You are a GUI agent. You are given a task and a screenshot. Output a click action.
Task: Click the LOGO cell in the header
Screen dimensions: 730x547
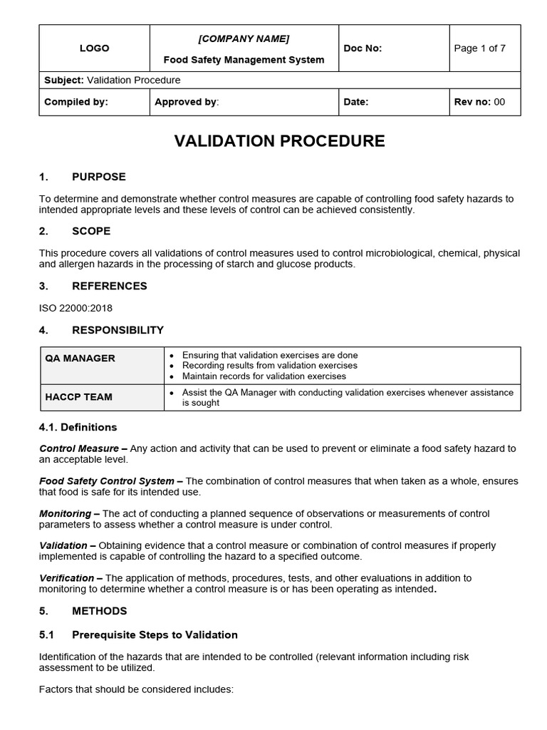[x=94, y=48]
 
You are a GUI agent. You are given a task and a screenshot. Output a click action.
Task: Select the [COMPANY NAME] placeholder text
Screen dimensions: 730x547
[x=244, y=38]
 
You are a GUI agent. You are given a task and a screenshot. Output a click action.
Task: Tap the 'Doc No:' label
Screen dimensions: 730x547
[x=363, y=48]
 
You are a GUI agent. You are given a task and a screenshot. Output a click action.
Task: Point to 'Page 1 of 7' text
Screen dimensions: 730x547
[x=479, y=48]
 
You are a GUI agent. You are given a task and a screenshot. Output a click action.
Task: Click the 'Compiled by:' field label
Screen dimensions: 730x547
[x=76, y=102]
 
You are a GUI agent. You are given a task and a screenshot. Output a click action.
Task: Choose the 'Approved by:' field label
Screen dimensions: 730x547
[x=187, y=102]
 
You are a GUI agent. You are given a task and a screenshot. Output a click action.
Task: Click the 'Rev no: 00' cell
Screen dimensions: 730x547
[x=479, y=102]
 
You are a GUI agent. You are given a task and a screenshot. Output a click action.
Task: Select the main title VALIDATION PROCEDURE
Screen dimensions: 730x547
[x=279, y=141]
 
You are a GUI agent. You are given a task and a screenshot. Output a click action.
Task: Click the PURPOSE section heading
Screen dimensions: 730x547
[x=98, y=177]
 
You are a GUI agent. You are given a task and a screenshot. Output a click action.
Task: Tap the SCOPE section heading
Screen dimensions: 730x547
[x=91, y=231]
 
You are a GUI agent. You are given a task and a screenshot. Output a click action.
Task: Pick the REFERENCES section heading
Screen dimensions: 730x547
[x=109, y=286]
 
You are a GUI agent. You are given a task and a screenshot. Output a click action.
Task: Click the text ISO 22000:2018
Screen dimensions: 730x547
[x=75, y=309]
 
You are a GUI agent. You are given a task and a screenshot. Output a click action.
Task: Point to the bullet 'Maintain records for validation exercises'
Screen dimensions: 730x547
[x=264, y=376]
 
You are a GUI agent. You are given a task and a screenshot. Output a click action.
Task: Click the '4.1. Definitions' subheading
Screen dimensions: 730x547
[x=78, y=427]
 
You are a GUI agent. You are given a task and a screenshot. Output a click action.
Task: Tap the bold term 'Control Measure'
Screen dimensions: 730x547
[x=79, y=448]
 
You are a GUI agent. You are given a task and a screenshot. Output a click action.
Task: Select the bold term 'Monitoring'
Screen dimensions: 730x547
[x=65, y=513]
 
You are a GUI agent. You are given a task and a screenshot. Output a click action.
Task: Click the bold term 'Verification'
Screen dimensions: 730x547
[x=66, y=577]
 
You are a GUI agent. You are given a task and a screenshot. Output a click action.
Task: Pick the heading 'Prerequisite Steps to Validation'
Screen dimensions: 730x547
[x=155, y=634]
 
